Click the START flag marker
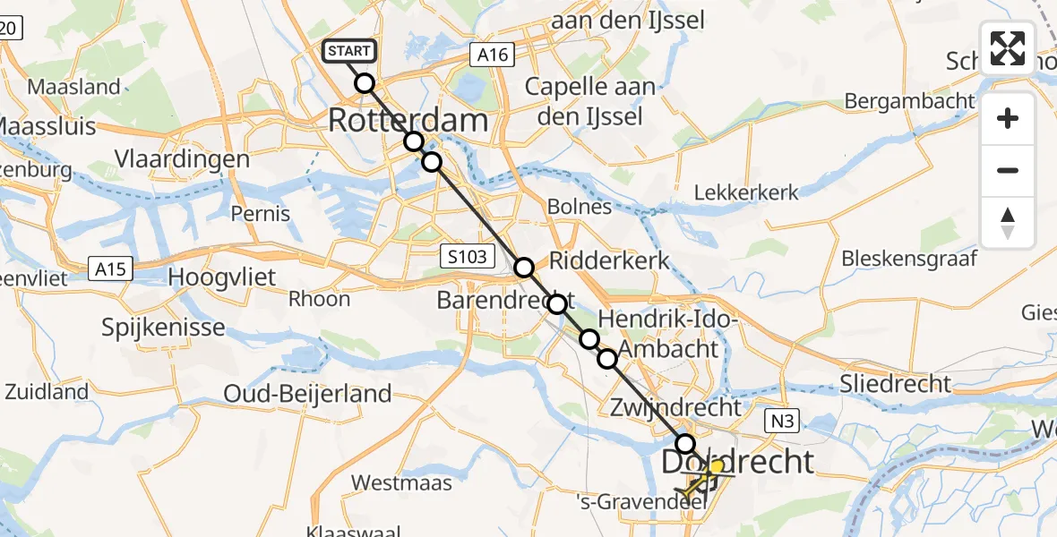pos(349,51)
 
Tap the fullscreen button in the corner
pos(1008,48)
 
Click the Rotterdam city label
pos(409,120)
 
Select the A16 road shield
pos(493,55)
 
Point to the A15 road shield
pos(112,268)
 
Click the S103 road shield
pos(468,258)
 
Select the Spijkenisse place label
pos(163,327)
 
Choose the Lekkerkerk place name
pos(747,192)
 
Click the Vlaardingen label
pos(182,158)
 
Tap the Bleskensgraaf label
pos(909,259)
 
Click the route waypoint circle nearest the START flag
pos(365,83)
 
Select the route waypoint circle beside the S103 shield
pos(524,267)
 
